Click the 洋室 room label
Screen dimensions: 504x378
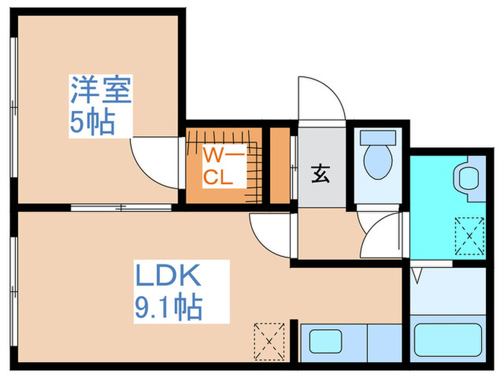pyautogui.click(x=101, y=90)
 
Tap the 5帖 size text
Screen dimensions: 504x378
pyautogui.click(x=92, y=122)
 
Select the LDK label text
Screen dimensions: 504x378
pyautogui.click(x=168, y=276)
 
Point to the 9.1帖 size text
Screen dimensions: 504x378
pyautogui.click(x=168, y=306)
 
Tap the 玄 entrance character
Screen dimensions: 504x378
pyautogui.click(x=320, y=174)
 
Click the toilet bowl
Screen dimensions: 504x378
pyautogui.click(x=378, y=162)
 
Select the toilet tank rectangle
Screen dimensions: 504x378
pyautogui.click(x=378, y=138)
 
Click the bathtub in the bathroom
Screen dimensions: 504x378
pyautogui.click(x=448, y=339)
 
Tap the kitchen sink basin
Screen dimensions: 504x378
pyautogui.click(x=325, y=341)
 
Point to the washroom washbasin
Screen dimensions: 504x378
pyautogui.click(x=469, y=179)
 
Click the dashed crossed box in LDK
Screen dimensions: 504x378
pyautogui.click(x=269, y=341)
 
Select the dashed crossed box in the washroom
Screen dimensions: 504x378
pyautogui.click(x=469, y=236)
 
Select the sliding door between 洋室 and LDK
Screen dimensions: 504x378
pyautogui.click(x=121, y=207)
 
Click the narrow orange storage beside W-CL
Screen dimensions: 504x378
pyautogui.click(x=279, y=166)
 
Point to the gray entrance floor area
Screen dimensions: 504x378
pyautogui.click(x=322, y=167)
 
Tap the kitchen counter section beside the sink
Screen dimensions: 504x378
pyautogui.click(x=384, y=343)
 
